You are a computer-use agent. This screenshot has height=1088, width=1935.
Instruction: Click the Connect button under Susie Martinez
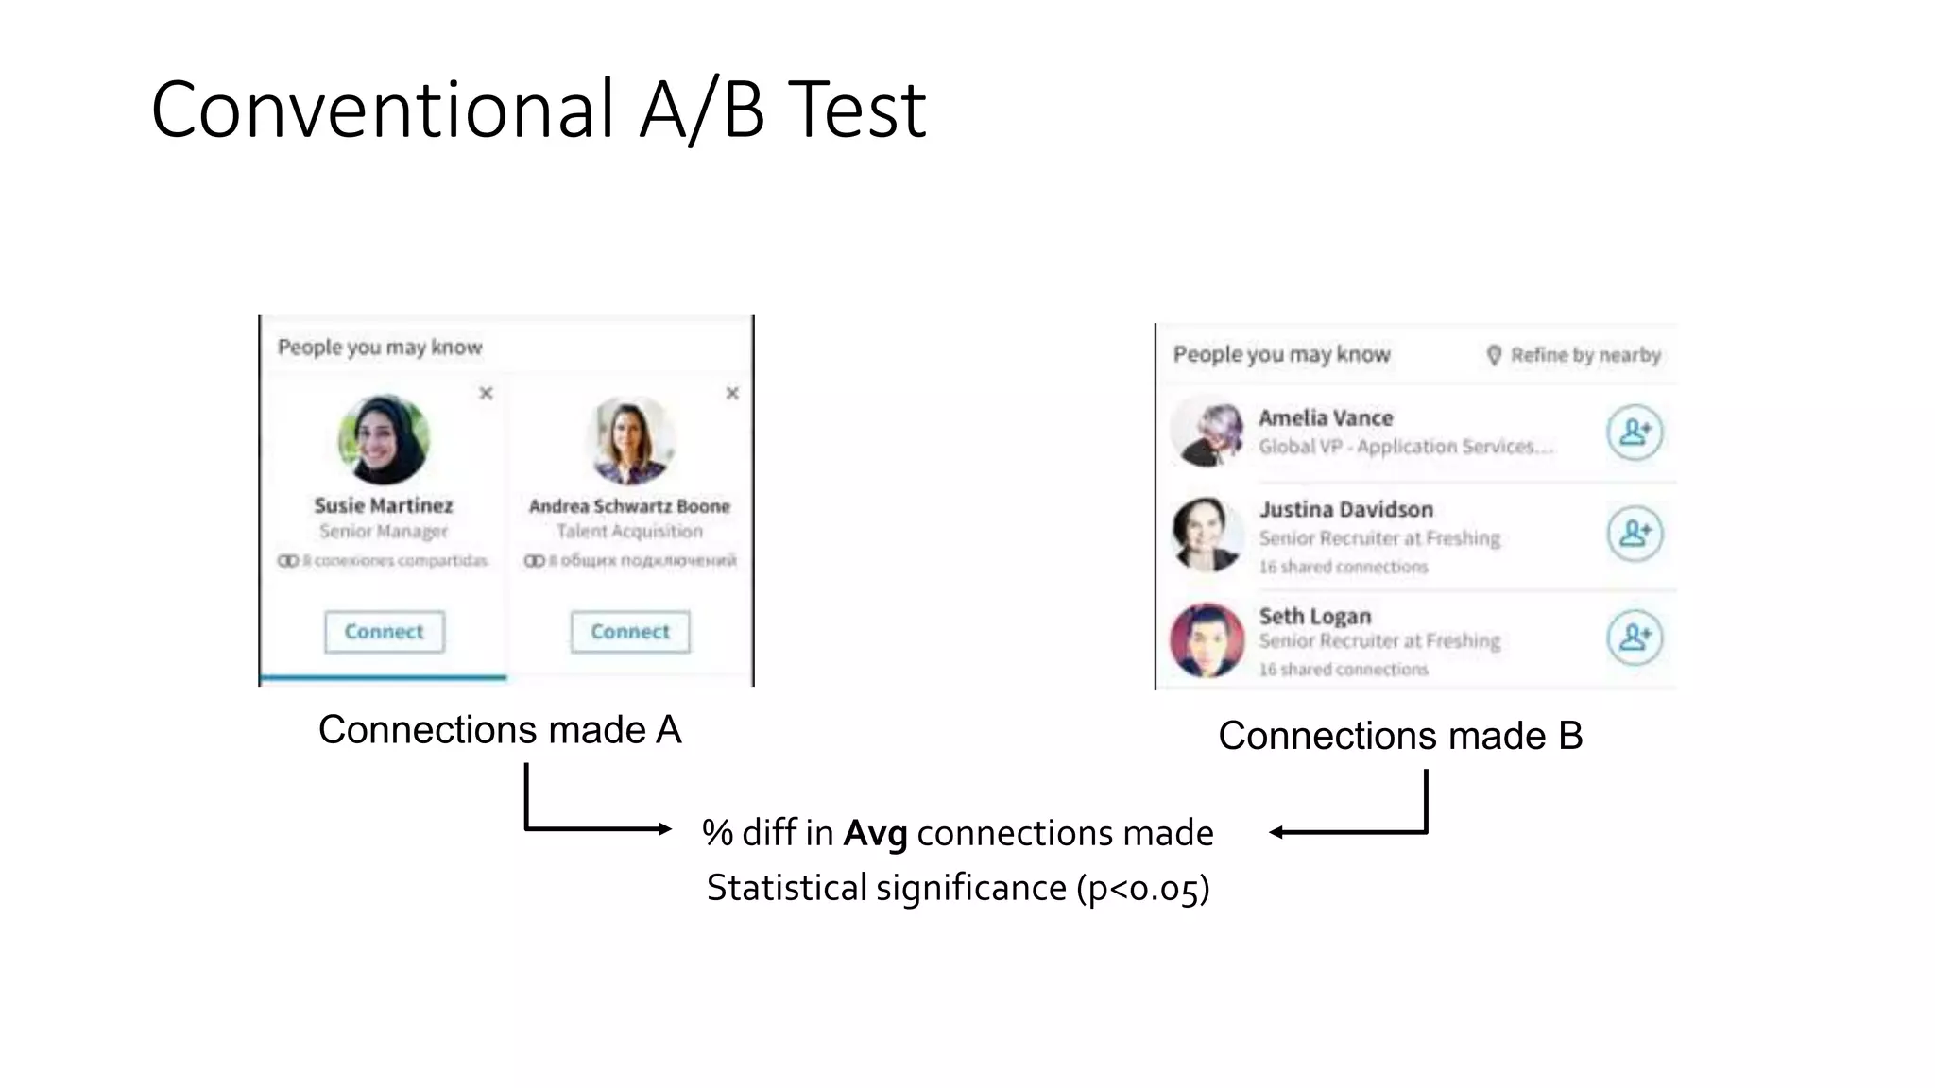(x=384, y=632)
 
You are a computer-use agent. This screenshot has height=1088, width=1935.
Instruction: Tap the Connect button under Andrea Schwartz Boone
(x=630, y=632)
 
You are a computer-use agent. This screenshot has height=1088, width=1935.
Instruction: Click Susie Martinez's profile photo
(x=384, y=439)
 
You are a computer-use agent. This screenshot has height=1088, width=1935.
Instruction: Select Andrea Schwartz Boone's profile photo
(x=630, y=440)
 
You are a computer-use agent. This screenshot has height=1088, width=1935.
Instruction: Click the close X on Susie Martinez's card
(x=486, y=393)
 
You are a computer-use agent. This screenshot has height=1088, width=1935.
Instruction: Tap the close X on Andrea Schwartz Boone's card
(x=732, y=393)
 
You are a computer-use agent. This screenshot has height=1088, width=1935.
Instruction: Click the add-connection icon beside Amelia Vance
(x=1635, y=433)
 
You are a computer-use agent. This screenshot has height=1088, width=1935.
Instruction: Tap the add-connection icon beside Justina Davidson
(x=1635, y=534)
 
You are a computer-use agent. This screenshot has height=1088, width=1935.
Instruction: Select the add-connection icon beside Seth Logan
(x=1635, y=637)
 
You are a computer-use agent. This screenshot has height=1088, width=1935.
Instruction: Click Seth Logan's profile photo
(x=1207, y=640)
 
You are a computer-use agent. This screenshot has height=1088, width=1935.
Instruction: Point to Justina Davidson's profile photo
(x=1207, y=535)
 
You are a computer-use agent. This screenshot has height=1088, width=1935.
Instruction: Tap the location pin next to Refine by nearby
(x=1494, y=355)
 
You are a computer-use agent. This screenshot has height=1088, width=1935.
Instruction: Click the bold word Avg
(x=875, y=833)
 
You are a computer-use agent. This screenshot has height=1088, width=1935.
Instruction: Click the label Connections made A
(x=500, y=730)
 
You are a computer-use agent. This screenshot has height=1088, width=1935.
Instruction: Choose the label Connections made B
(x=1400, y=736)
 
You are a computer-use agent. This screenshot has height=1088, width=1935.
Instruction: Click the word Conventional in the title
(x=383, y=110)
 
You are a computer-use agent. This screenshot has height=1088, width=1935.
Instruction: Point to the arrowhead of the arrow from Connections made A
(x=665, y=829)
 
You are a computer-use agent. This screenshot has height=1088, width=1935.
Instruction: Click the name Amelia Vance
(x=1326, y=417)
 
